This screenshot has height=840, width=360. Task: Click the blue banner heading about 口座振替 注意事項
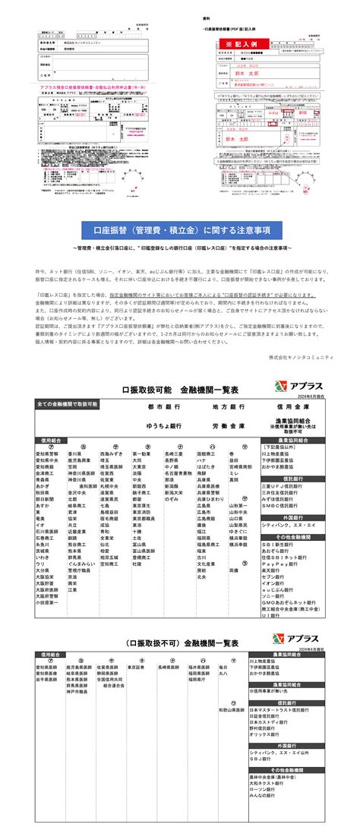pyautogui.click(x=181, y=230)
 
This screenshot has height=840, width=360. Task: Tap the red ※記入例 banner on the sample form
pyautogui.click(x=244, y=44)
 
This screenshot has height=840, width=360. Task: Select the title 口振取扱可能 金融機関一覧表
pyautogui.click(x=181, y=389)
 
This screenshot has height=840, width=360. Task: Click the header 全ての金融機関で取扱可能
pyautogui.click(x=68, y=403)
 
